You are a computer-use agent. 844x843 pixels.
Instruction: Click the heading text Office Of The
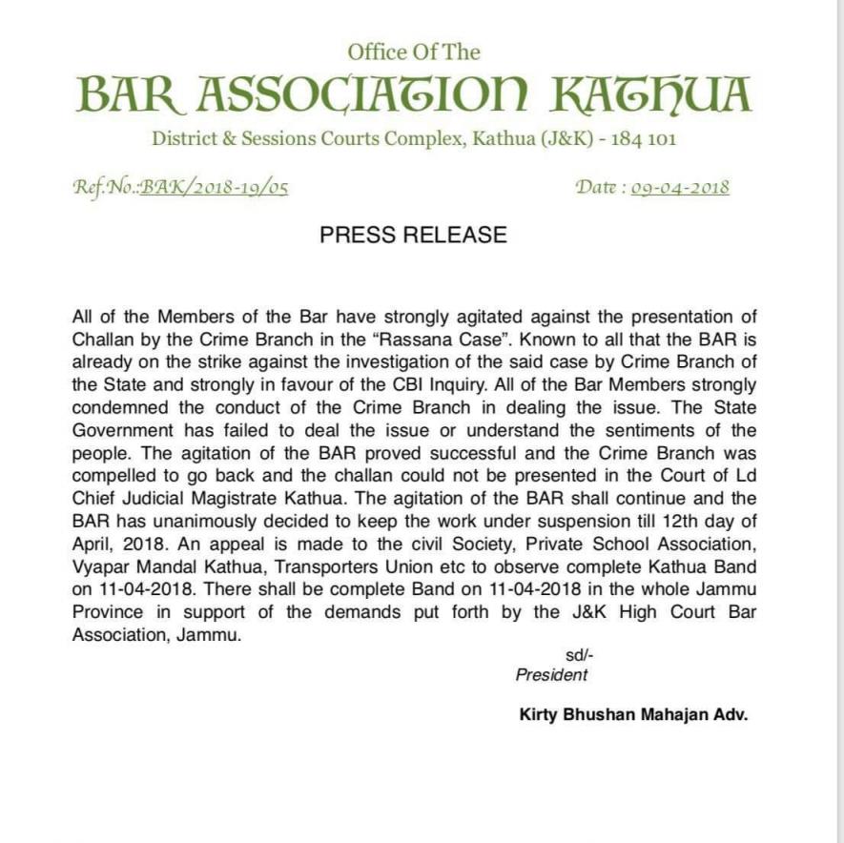pyautogui.click(x=413, y=51)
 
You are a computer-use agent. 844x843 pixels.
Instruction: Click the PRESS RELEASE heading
pyautogui.click(x=413, y=236)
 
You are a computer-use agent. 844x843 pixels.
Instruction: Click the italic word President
pyautogui.click(x=552, y=675)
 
